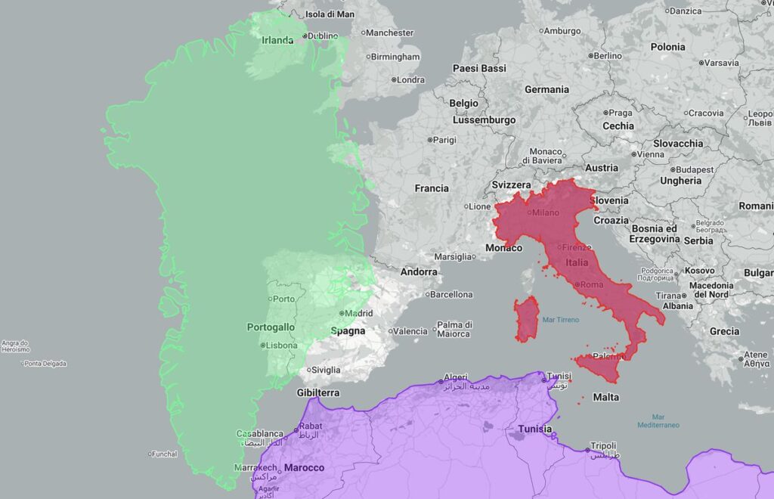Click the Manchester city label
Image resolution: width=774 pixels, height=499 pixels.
390,33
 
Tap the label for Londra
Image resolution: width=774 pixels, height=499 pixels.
410,79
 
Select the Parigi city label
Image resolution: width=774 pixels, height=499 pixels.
444,140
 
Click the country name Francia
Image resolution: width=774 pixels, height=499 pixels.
432,188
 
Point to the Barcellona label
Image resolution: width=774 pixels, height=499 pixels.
452,294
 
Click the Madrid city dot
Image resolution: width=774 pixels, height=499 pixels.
342,313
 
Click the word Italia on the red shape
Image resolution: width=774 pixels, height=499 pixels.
577,262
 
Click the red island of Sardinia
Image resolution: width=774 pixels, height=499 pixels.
526,318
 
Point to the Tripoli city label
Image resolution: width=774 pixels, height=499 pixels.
604,446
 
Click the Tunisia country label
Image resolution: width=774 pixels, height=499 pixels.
535,429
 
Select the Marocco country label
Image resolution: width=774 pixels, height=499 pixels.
304,467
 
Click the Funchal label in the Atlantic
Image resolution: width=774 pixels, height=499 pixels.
164,454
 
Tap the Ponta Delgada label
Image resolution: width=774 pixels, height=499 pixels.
45,364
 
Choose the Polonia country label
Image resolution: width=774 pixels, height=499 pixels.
667,47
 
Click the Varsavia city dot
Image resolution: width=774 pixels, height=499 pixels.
701,63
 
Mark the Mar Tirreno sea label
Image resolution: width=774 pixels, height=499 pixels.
561,320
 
